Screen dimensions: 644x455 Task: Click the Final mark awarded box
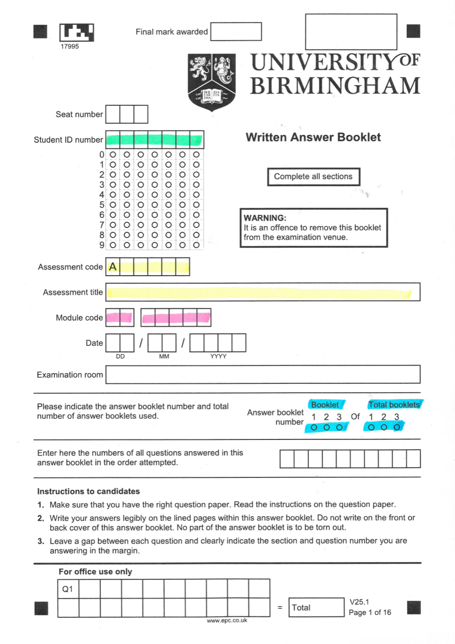[236, 32]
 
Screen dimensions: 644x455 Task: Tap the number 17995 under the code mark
[70, 46]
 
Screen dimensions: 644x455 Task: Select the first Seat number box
[113, 114]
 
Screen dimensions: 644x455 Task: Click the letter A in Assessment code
[112, 267]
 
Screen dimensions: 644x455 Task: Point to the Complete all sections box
[313, 176]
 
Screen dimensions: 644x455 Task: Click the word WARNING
[264, 218]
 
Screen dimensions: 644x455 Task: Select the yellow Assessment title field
[262, 293]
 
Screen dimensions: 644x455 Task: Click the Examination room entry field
[262, 374]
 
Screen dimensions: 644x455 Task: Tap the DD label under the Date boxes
[120, 357]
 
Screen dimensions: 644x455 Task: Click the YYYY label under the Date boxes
[218, 357]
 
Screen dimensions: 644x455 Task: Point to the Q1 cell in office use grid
[68, 589]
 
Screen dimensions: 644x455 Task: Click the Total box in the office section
[316, 607]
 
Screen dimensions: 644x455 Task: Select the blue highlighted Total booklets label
[394, 404]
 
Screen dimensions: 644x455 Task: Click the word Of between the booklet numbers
[355, 416]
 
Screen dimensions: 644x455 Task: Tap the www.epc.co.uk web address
[227, 621]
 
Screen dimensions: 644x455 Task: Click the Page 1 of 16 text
[370, 612]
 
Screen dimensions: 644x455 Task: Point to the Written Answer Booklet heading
[313, 137]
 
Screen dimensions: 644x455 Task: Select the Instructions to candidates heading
[88, 491]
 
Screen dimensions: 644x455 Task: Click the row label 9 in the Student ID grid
[102, 245]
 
